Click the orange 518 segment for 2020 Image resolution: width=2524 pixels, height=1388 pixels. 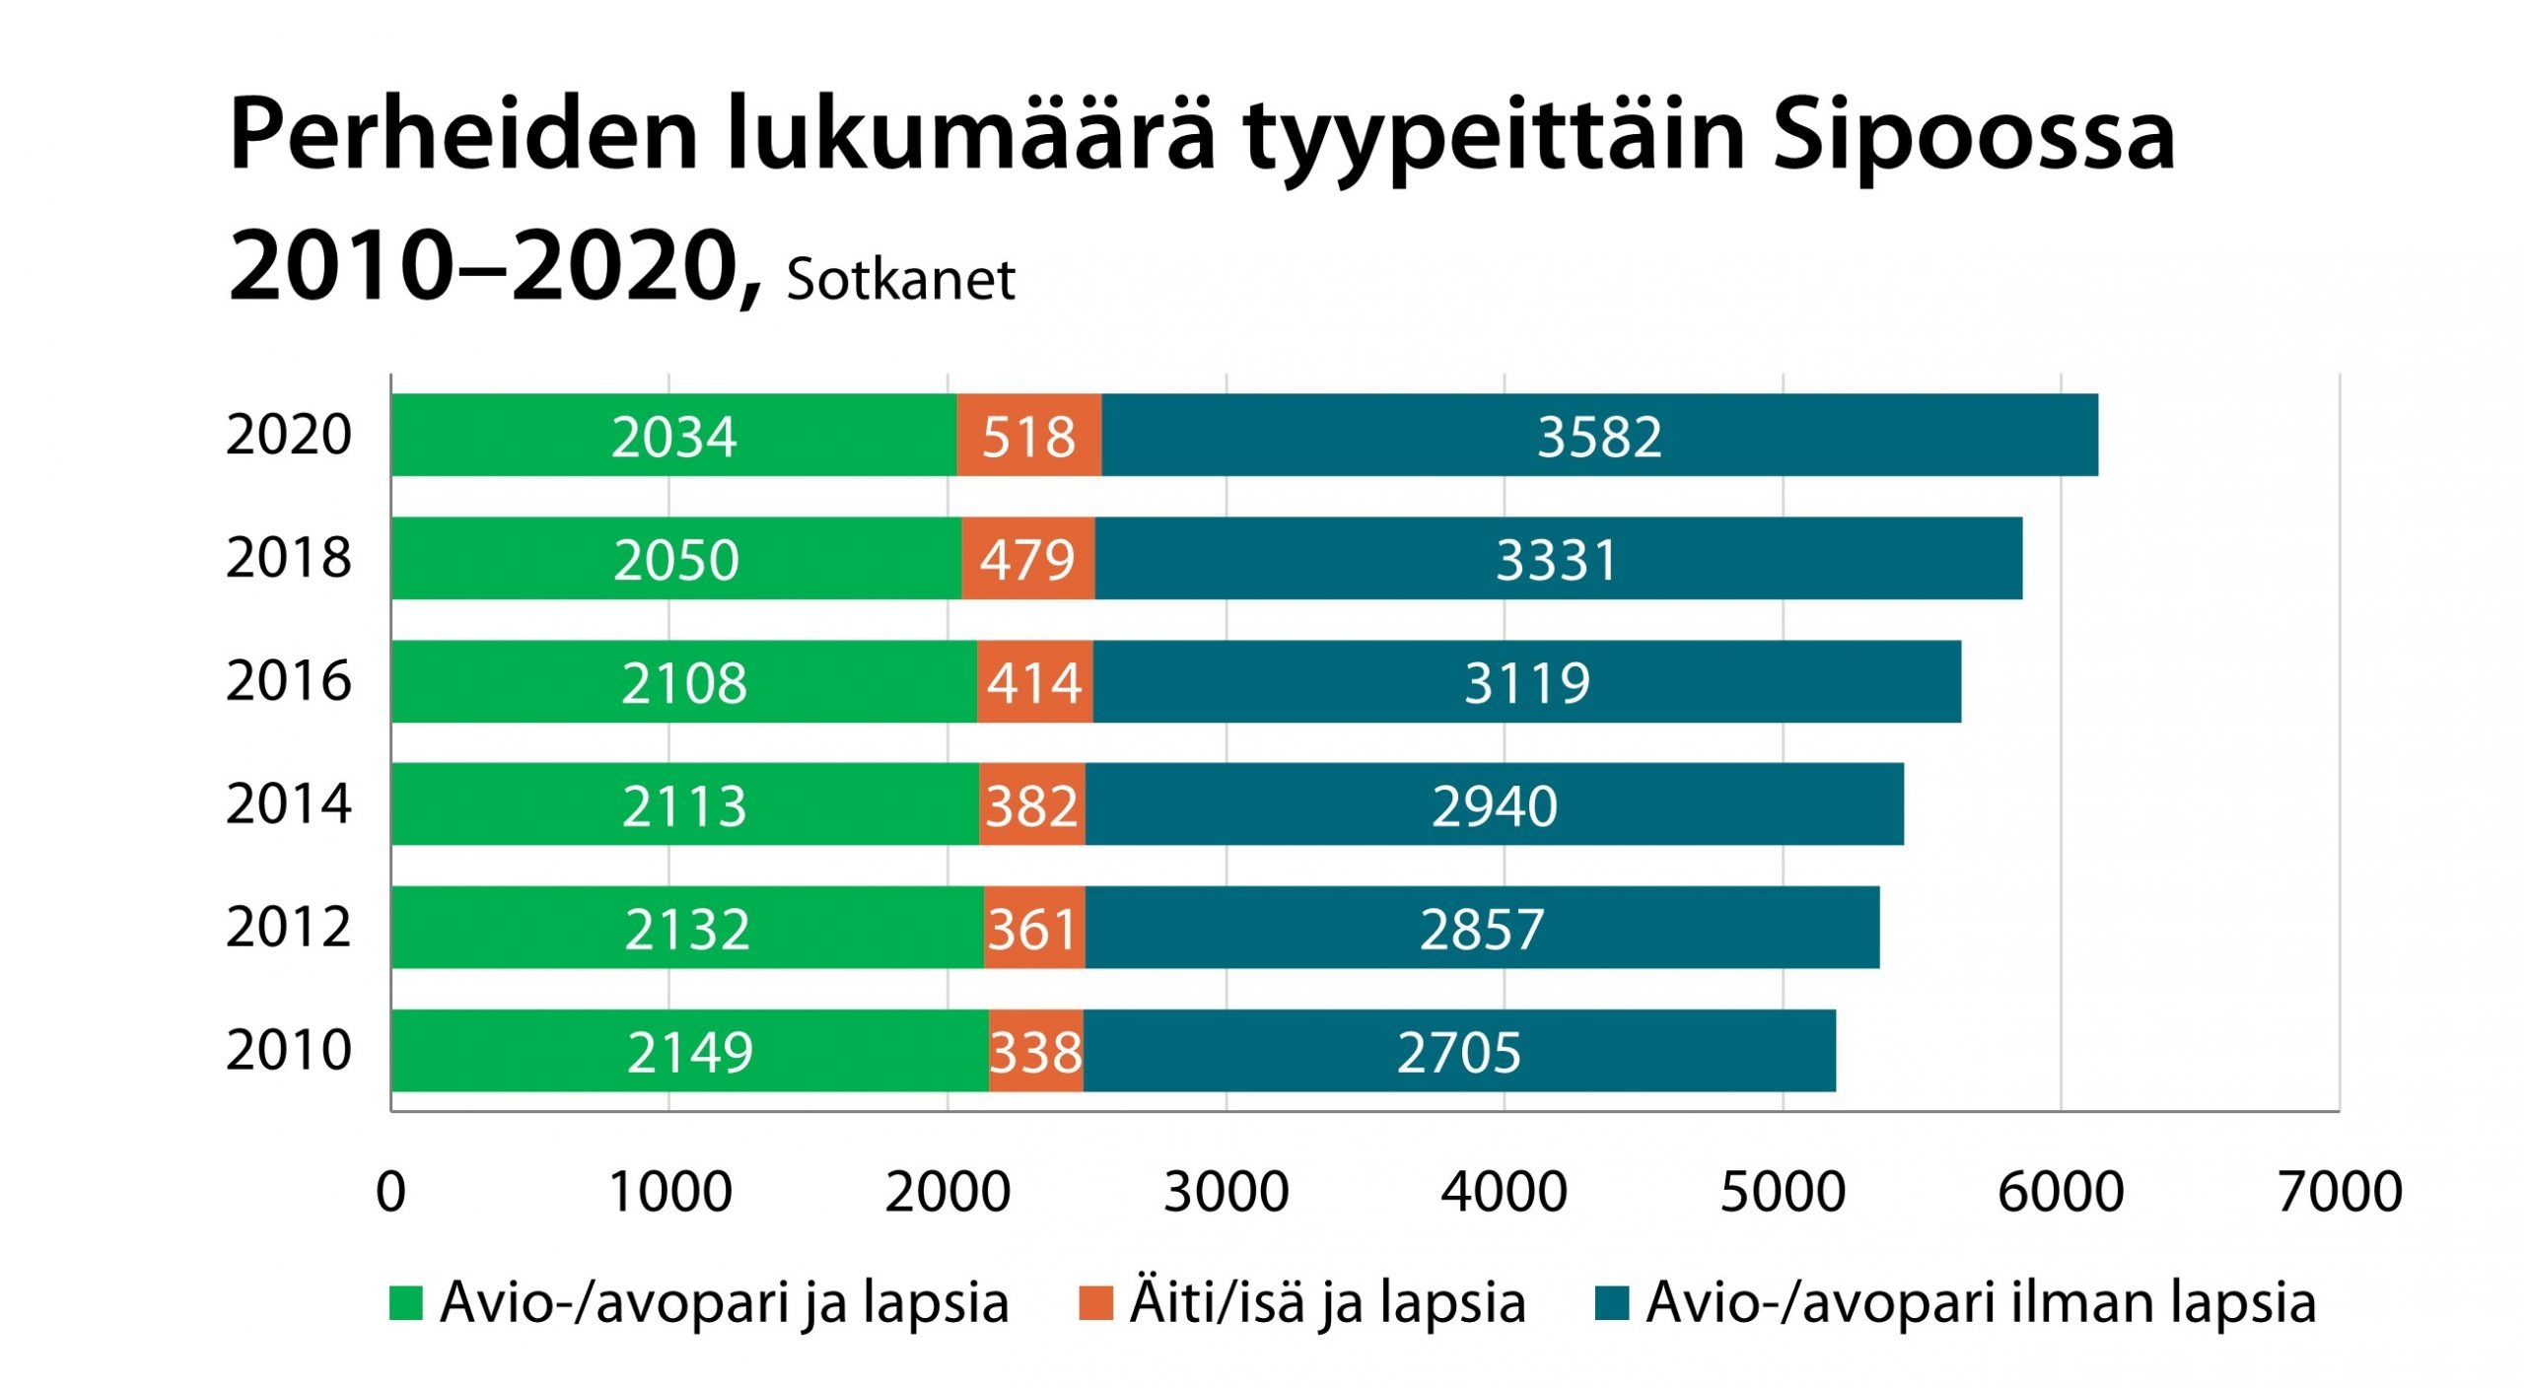click(x=1028, y=436)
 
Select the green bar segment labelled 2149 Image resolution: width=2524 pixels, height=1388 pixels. click(x=689, y=1051)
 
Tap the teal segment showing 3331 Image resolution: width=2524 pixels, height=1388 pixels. click(x=1558, y=559)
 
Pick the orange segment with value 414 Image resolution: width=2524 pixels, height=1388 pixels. click(x=1034, y=682)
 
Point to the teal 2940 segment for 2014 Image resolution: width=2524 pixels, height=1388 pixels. click(x=1494, y=804)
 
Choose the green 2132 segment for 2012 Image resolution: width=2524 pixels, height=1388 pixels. click(x=687, y=928)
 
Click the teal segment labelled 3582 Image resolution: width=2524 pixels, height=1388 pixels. click(x=1599, y=436)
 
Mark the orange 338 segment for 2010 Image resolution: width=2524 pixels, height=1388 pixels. click(x=1035, y=1051)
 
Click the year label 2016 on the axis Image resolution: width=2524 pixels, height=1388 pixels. click(x=288, y=681)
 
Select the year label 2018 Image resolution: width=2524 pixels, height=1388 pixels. click(x=288, y=558)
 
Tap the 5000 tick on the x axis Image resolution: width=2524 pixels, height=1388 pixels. click(x=1783, y=1192)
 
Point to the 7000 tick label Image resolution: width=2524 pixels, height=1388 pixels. click(x=2340, y=1192)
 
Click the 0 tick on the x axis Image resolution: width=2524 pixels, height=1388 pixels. click(x=391, y=1192)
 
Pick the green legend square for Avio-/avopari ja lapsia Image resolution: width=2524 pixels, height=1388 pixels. click(x=406, y=1303)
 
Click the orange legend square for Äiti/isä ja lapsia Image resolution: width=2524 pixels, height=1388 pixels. click(x=1095, y=1303)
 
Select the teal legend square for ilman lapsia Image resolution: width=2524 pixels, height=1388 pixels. click(x=1611, y=1303)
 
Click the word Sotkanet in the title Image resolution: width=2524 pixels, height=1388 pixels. click(x=900, y=280)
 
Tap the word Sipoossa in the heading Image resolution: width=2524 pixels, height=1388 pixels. click(x=1973, y=135)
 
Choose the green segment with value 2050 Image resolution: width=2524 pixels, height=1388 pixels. click(x=675, y=559)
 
